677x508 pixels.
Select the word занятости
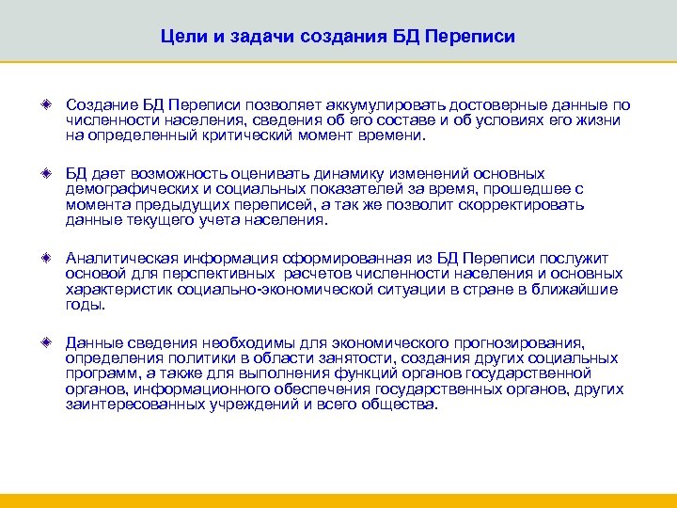tap(331, 358)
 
